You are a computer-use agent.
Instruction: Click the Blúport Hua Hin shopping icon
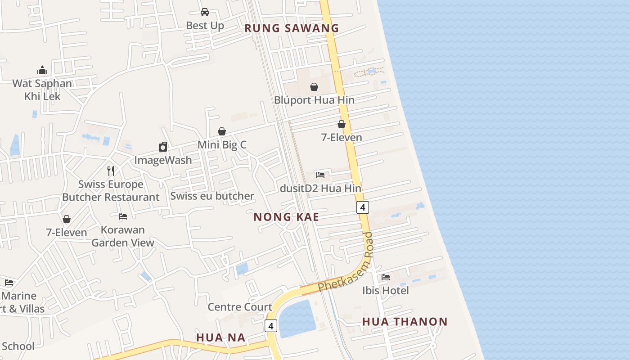coord(314,87)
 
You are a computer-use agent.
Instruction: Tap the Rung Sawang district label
coord(292,28)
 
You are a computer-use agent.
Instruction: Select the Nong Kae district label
coord(286,217)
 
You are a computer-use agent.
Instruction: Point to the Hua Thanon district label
coord(405,322)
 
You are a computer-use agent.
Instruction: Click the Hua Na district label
coord(221,337)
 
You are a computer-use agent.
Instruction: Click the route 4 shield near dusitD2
coord(363,207)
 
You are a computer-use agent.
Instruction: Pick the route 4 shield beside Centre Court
coord(270,326)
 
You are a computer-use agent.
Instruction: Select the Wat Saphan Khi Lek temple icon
coord(42,70)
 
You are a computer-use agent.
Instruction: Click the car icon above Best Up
coord(205,12)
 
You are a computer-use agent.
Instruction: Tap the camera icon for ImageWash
coord(163,147)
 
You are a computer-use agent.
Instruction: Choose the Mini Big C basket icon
coord(222,131)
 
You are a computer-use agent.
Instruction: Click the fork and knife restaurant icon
coord(111,171)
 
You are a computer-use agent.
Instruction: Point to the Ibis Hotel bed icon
coord(386,277)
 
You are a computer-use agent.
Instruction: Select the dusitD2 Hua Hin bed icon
coord(320,175)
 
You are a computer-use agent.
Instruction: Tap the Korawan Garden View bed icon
coord(122,216)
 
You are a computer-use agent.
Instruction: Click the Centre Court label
coord(240,307)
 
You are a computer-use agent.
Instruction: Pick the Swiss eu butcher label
coord(212,196)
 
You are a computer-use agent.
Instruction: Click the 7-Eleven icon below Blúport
coord(342,124)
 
